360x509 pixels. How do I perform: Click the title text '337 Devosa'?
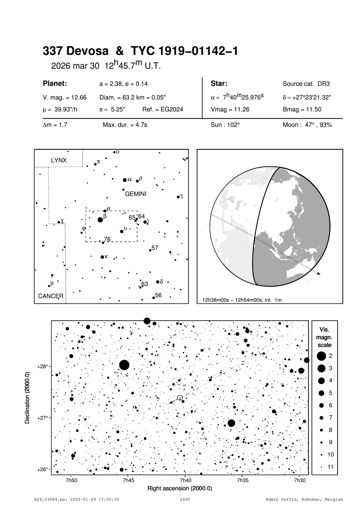[x=76, y=51]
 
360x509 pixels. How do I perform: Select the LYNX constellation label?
[x=59, y=160]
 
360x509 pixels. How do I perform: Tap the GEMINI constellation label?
[x=136, y=194]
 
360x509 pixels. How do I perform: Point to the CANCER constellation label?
[x=51, y=296]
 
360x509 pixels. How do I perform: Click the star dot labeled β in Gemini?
[x=100, y=220]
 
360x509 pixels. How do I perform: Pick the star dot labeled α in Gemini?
[x=125, y=180]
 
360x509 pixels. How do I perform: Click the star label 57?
[x=155, y=248]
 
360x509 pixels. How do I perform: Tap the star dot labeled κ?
[x=102, y=257]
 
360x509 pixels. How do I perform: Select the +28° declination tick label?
[x=42, y=367]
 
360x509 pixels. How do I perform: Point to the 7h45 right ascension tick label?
[x=128, y=480]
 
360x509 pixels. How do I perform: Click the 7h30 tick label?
[x=300, y=480]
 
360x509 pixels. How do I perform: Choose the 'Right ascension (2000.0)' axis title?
[x=180, y=488]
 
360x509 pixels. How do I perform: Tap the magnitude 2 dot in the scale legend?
[x=321, y=356]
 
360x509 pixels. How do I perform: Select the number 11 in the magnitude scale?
[x=331, y=467]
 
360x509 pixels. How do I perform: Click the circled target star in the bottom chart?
[x=180, y=398]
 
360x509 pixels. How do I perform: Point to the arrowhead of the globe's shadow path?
[x=319, y=273]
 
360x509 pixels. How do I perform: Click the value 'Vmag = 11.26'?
[x=230, y=110]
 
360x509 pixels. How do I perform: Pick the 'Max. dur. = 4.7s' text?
[x=125, y=125]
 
